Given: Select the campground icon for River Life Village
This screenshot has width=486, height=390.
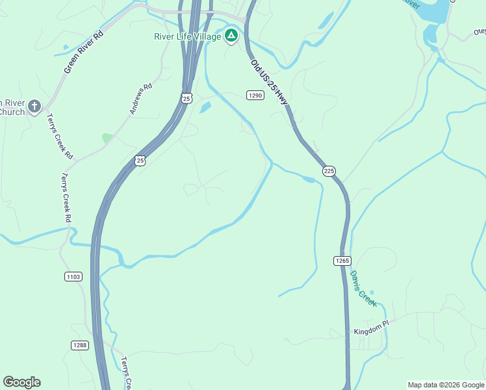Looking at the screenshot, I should click(231, 35).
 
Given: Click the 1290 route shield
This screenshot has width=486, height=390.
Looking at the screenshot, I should click(255, 96).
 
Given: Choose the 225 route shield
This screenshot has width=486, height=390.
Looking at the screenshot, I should click(329, 171).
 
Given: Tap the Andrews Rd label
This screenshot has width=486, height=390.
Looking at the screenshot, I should click(140, 98).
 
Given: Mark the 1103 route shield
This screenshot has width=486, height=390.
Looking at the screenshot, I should click(73, 277).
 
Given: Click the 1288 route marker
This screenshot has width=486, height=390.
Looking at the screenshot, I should click(80, 346).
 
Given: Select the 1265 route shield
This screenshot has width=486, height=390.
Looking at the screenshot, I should click(342, 261).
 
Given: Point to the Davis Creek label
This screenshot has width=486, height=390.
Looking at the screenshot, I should click(363, 288).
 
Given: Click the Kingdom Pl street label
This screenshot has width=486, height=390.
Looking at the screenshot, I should click(370, 332).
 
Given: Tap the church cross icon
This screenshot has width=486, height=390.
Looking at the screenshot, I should click(34, 106).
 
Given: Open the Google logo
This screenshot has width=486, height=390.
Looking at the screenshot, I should click(21, 382).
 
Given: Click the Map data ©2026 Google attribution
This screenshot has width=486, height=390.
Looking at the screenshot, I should click(446, 385).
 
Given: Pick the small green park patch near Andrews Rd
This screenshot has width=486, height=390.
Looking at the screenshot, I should click(107, 138).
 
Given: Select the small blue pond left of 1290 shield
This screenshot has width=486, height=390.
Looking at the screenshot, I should click(205, 107).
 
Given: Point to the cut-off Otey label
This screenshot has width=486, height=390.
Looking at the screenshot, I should click(480, 31).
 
